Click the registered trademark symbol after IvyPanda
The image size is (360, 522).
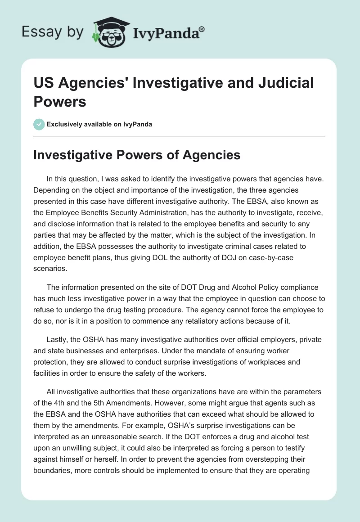click(202, 29)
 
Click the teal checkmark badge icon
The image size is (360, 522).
click(39, 124)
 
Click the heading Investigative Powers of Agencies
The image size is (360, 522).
click(137, 155)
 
